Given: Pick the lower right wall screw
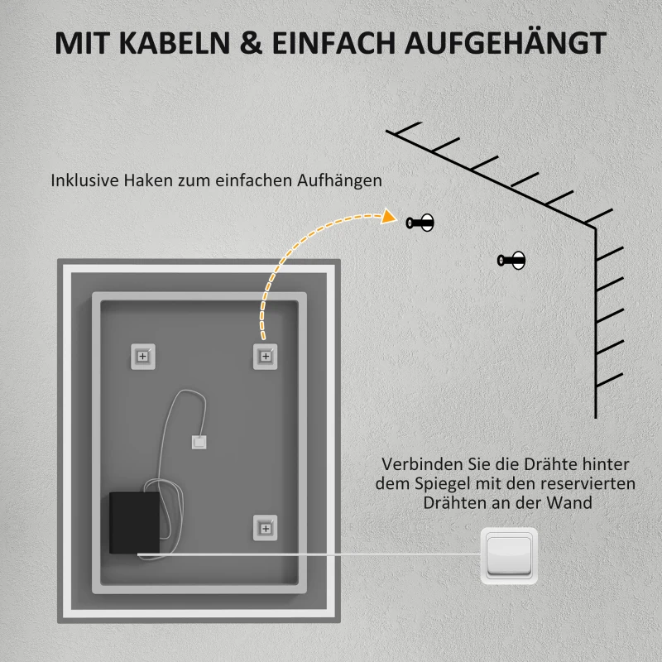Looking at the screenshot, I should click(512, 261).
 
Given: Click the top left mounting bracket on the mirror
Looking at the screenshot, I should click(142, 356).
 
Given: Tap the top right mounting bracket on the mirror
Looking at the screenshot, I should click(265, 356).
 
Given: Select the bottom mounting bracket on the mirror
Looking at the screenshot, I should click(265, 527).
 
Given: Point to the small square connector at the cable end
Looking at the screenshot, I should click(199, 444).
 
